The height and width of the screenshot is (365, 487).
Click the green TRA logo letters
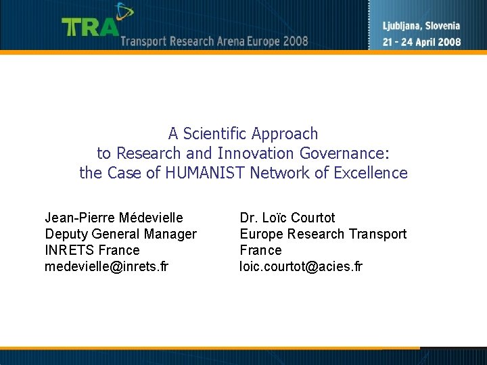[90, 26]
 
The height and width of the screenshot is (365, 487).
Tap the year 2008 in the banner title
[296, 41]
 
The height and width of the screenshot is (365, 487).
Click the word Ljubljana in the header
[403, 26]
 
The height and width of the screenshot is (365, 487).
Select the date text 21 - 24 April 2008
[421, 41]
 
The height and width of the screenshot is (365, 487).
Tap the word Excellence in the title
[371, 173]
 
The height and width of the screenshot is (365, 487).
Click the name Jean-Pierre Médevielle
[114, 218]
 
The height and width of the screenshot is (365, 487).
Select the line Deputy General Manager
[120, 234]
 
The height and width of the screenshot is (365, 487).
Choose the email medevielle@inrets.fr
[106, 266]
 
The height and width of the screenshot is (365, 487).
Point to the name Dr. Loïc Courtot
[287, 218]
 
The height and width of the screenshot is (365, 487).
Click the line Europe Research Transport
[323, 234]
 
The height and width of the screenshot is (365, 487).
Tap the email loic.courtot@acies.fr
[301, 266]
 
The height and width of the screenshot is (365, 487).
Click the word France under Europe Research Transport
[260, 250]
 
